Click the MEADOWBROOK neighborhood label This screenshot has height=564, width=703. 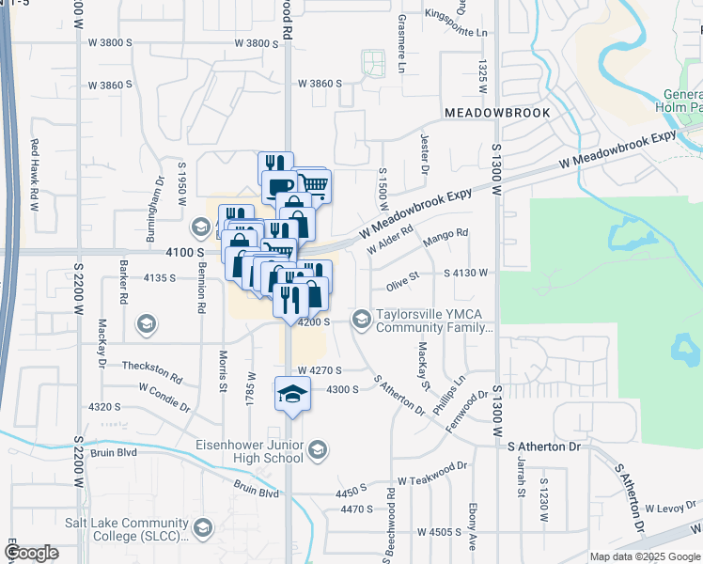point(498,112)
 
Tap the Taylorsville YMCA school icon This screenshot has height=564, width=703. point(362,321)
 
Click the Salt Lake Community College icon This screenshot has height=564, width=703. point(202,530)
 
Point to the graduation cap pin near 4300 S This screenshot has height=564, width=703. point(292,394)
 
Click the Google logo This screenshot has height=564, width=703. point(31,553)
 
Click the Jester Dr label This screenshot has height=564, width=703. point(425,153)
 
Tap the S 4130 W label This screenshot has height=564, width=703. point(466,274)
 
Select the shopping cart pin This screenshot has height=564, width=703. point(314,184)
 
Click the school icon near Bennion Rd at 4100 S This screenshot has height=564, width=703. point(200,227)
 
